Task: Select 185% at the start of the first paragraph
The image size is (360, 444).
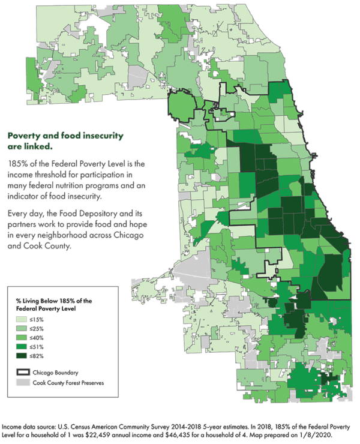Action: click(16, 164)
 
